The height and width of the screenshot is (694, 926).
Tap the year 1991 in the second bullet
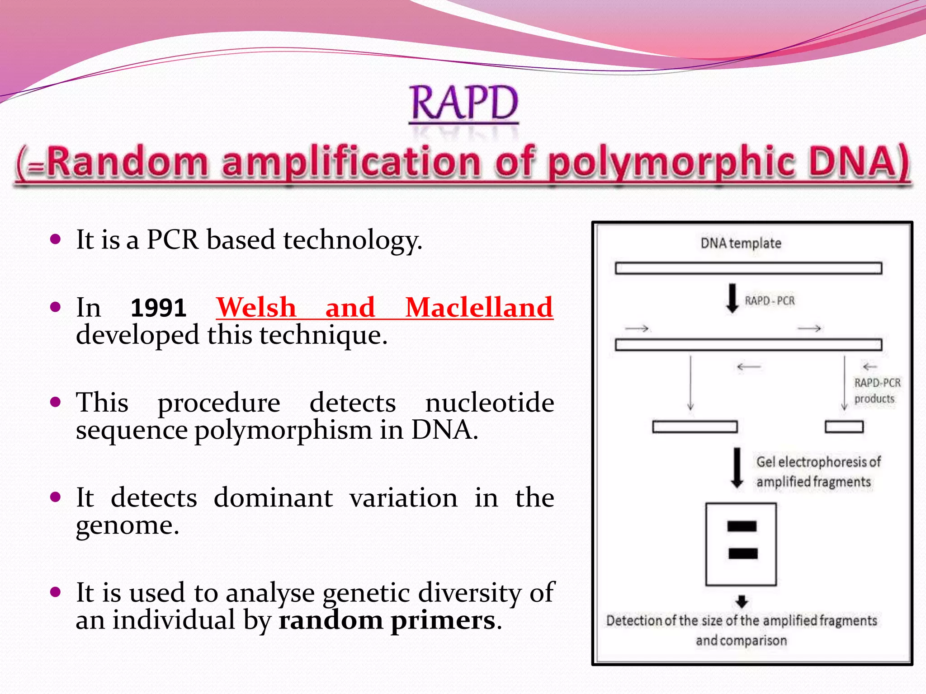[x=158, y=308]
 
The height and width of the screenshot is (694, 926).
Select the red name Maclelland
[x=479, y=307]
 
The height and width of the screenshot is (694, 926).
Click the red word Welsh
[x=256, y=307]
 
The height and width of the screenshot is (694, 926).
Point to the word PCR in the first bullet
[x=173, y=239]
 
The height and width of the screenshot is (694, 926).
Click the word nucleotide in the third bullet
[x=490, y=402]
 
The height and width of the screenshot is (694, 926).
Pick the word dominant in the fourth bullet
[x=273, y=497]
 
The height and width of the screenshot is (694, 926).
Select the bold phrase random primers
[x=387, y=620]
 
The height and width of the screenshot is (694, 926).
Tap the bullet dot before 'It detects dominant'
[x=56, y=497]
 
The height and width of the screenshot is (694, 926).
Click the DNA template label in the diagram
[x=741, y=243]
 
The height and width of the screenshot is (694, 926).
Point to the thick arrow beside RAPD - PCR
[x=732, y=298]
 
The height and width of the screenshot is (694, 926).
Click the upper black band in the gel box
[x=742, y=526]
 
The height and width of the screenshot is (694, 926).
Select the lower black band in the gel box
[x=743, y=553]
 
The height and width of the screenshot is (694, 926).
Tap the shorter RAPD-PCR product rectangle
[x=844, y=427]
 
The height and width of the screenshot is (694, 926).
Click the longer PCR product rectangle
[x=694, y=427]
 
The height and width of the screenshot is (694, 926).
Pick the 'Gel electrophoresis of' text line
[x=818, y=462]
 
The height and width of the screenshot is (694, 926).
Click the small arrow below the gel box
[x=742, y=601]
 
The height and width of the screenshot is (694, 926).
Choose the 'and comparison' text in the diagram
[x=741, y=640]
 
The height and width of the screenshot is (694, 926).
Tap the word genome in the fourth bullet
[x=127, y=525]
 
